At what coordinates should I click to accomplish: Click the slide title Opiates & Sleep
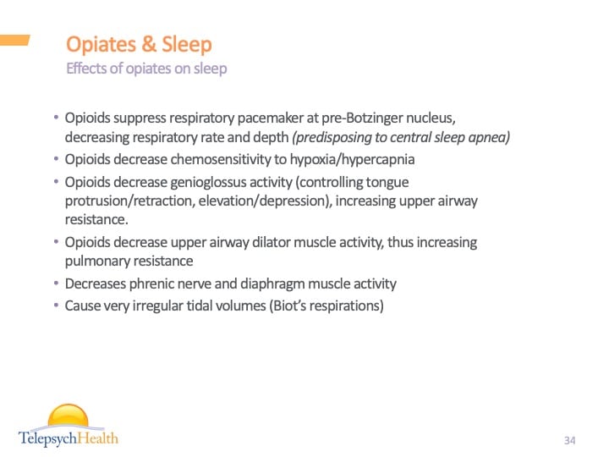139,44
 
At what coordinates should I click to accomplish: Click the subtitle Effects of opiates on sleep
146,69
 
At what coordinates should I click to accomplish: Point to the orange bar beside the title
15,40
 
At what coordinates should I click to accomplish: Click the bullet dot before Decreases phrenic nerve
57,284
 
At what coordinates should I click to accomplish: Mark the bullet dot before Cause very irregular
57,306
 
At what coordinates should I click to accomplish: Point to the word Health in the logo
95,438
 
